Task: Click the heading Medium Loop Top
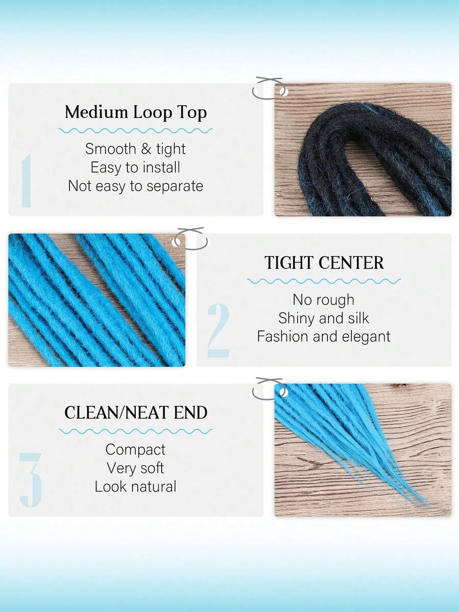pyautogui.click(x=136, y=112)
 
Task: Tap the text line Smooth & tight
pyautogui.click(x=136, y=149)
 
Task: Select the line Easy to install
pyautogui.click(x=136, y=167)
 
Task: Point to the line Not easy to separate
pyautogui.click(x=136, y=186)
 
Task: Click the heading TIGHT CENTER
pyautogui.click(x=324, y=263)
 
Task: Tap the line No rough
pyautogui.click(x=324, y=300)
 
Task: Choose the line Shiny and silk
pyautogui.click(x=324, y=318)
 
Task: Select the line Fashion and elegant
pyautogui.click(x=324, y=337)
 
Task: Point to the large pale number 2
pyautogui.click(x=218, y=331)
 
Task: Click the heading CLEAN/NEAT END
pyautogui.click(x=136, y=412)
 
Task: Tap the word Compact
pyautogui.click(x=136, y=450)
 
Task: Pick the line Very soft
pyautogui.click(x=136, y=468)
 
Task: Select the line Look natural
pyautogui.click(x=136, y=486)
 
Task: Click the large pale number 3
pyautogui.click(x=30, y=480)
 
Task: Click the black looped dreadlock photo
pyautogui.click(x=363, y=150)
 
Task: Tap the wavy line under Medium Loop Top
pyautogui.click(x=136, y=131)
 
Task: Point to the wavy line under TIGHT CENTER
pyautogui.click(x=324, y=281)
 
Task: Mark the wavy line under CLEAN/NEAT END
pyautogui.click(x=136, y=431)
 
